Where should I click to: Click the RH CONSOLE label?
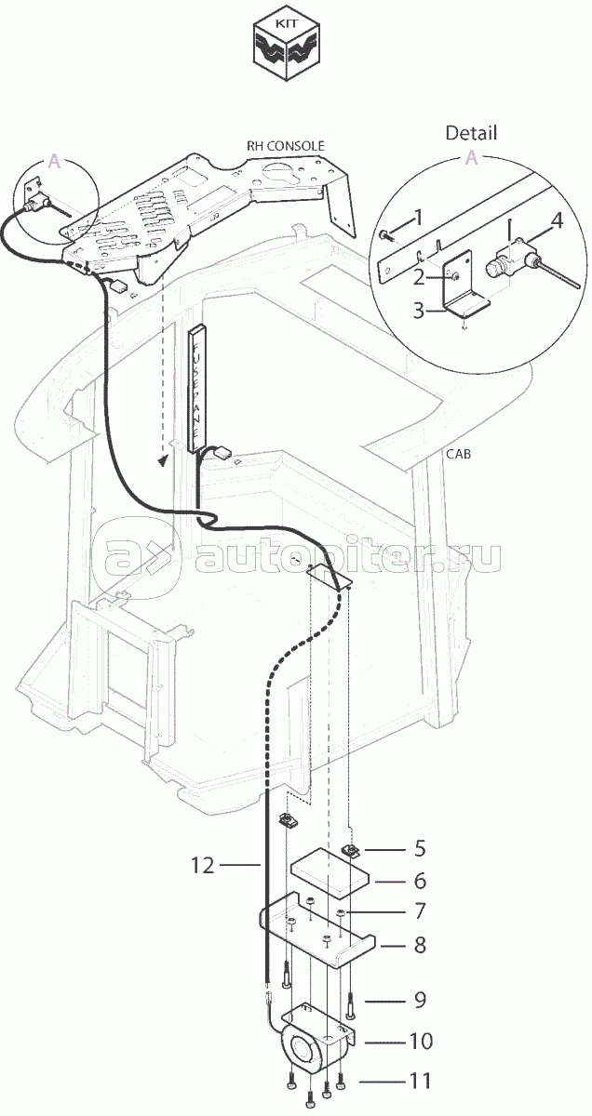pyautogui.click(x=285, y=146)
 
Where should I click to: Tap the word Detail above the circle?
pyautogui.click(x=470, y=133)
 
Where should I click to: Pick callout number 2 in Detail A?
pyautogui.click(x=418, y=276)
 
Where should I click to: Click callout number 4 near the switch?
pyautogui.click(x=557, y=220)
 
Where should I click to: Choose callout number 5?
pyautogui.click(x=419, y=848)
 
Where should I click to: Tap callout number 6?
pyautogui.click(x=419, y=880)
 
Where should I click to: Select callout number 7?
pyautogui.click(x=419, y=910)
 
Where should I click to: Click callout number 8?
pyautogui.click(x=419, y=945)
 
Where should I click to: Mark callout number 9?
pyautogui.click(x=419, y=1000)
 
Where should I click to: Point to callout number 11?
pyautogui.click(x=419, y=1081)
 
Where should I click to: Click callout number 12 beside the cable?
pyautogui.click(x=204, y=866)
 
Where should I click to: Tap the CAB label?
pyautogui.click(x=458, y=454)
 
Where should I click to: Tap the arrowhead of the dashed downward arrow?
pyautogui.click(x=163, y=460)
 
